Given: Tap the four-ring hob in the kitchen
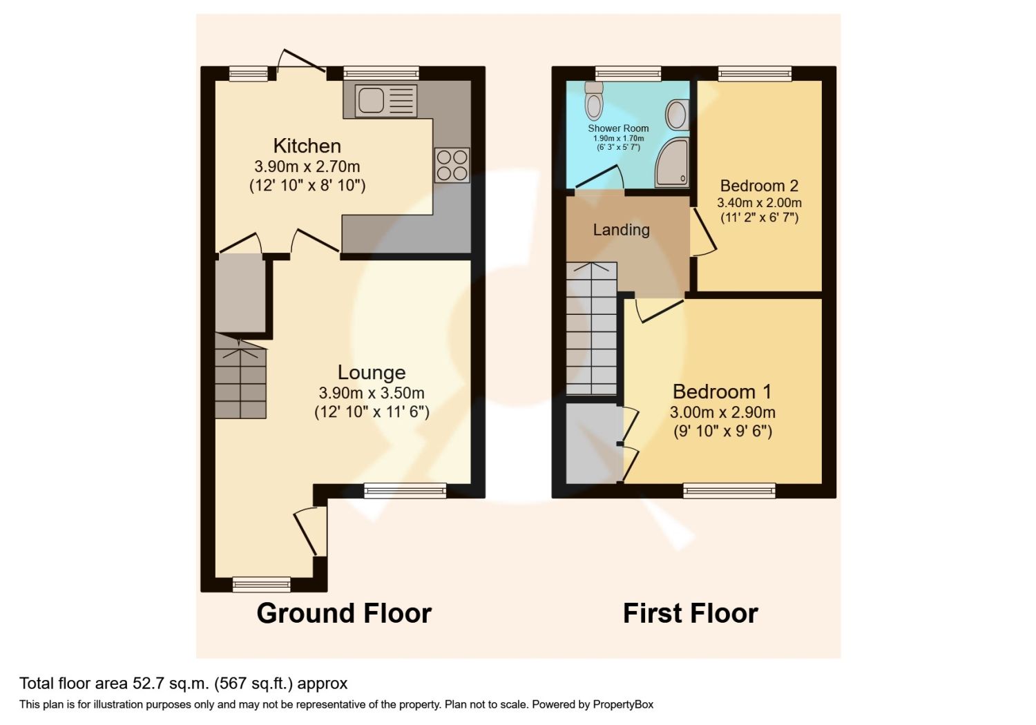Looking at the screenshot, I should [452, 165].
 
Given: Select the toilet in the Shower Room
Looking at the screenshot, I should [593, 101].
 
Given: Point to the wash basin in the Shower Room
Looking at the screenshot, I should [678, 115].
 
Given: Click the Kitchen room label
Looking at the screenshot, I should [307, 146].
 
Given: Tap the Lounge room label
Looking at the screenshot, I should [372, 373].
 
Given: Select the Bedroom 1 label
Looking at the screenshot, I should [722, 392].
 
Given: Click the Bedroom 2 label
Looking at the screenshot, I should [759, 186].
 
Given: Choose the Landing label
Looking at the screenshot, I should [621, 230].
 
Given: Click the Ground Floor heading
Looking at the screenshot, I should [344, 613].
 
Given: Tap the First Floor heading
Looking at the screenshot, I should [690, 613].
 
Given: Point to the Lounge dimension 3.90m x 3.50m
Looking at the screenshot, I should [372, 394].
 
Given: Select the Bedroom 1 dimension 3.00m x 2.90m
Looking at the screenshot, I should [722, 413].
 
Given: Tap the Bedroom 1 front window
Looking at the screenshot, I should [729, 491].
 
